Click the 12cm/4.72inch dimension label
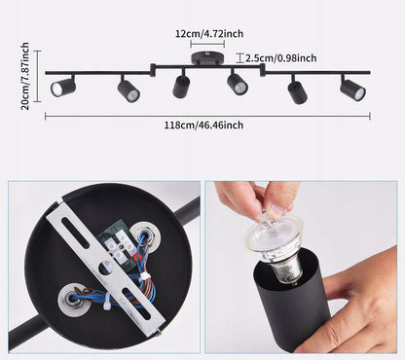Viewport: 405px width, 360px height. coord(209,33)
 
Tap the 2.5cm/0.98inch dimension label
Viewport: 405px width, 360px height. coord(281,58)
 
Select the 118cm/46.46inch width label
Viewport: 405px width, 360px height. coord(203,125)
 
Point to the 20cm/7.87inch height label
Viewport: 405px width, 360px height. coord(25,76)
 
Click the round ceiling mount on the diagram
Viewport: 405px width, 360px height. coord(207,58)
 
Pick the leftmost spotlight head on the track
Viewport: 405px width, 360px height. coord(63,87)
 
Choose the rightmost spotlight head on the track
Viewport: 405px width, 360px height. coord(352,89)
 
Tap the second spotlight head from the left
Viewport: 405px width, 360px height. coord(129,90)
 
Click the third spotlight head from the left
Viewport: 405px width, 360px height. coord(181,85)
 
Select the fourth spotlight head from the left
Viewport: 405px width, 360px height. coord(237,83)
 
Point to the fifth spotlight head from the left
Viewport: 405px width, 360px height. coord(297,90)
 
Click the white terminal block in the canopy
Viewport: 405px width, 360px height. coord(120,246)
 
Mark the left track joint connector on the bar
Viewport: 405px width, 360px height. coord(153,70)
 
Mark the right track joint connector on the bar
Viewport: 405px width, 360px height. coord(263,70)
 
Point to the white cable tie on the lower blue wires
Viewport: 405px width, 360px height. coord(106,303)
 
